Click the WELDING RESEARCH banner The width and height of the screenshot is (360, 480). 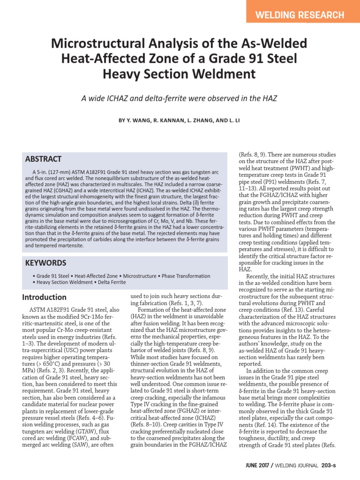pos(300,15)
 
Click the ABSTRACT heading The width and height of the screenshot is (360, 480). pos(43,159)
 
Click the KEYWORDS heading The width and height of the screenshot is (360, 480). pos(45,263)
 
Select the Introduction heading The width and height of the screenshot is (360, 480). pos(45,297)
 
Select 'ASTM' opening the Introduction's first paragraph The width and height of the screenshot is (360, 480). pos(37,310)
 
